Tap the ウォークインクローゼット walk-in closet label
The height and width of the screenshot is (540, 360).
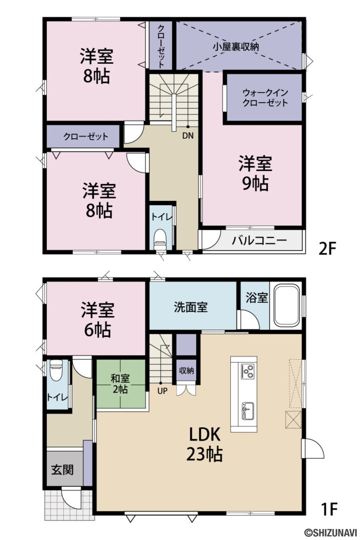click(265, 98)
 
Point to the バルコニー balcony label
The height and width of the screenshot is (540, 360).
click(259, 241)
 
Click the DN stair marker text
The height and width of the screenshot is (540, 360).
click(188, 135)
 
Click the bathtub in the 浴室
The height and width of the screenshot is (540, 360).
click(286, 306)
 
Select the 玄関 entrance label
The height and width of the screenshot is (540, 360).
click(62, 469)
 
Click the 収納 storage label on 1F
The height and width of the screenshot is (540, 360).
click(186, 370)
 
